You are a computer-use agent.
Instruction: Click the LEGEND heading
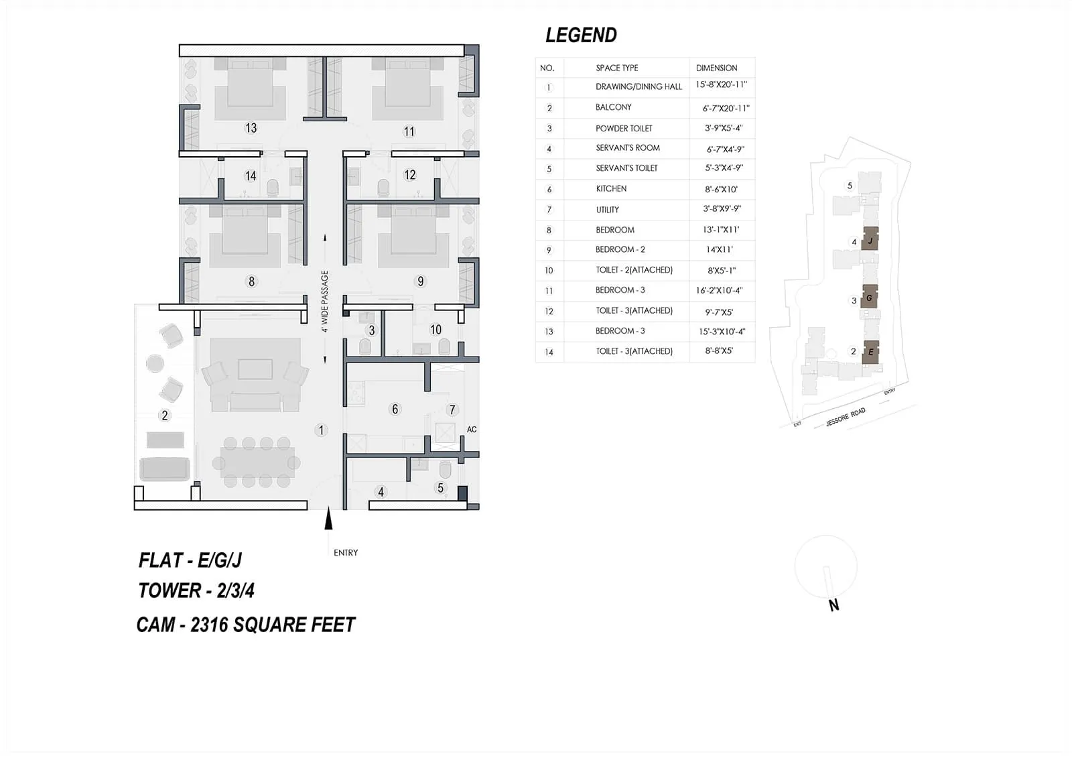[x=580, y=35]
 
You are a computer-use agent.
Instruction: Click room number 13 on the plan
[x=251, y=128]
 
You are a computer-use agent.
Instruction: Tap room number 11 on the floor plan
[x=409, y=131]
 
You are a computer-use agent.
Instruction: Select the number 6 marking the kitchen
[x=395, y=409]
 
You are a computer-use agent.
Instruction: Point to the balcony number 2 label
[x=165, y=416]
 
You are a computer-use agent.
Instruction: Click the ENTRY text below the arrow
[x=346, y=553]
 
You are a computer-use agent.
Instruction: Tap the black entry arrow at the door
[x=328, y=519]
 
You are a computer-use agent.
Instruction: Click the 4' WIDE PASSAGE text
[x=325, y=302]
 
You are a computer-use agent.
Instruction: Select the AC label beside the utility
[x=472, y=430]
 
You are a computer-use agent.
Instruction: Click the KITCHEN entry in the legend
[x=611, y=189]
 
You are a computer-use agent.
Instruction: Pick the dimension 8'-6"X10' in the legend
[x=720, y=190]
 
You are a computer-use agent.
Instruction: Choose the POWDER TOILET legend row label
[x=624, y=129]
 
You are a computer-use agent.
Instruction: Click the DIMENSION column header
[x=716, y=68]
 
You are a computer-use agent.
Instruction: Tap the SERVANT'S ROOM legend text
[x=628, y=148]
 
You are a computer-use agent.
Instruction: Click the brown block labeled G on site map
[x=869, y=298]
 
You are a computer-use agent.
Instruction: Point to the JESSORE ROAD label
[x=846, y=417]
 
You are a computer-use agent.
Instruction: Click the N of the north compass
[x=833, y=605]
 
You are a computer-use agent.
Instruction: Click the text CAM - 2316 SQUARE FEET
[x=245, y=625]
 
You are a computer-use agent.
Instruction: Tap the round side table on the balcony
[x=155, y=363]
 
